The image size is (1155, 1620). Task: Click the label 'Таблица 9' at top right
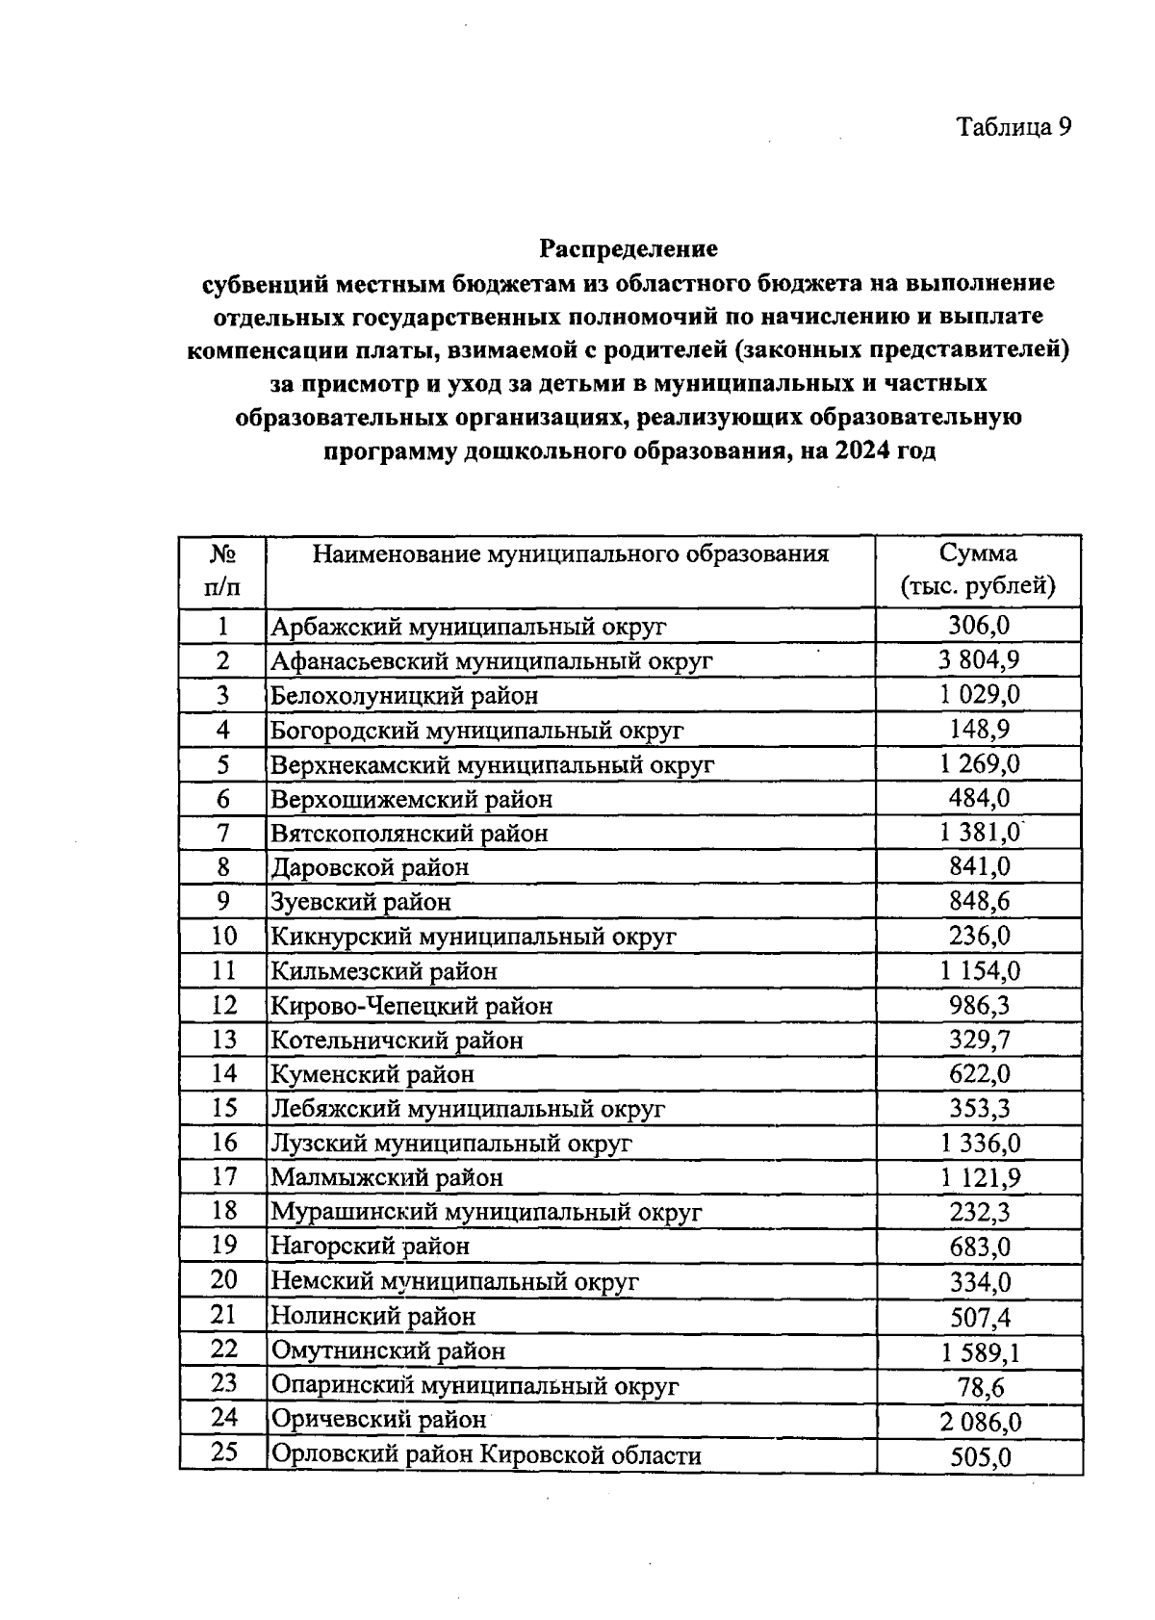1013,126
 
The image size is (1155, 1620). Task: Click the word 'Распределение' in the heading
628,248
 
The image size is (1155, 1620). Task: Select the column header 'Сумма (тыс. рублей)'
977,570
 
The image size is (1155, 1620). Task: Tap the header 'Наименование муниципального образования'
570,554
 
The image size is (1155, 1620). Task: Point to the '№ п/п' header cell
222,570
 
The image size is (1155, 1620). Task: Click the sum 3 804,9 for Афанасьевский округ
979,659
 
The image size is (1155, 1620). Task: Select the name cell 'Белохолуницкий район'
404,695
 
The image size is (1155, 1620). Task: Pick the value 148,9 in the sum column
979,729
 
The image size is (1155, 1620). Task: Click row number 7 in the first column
222,832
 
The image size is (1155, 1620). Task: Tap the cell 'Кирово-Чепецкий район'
412,1006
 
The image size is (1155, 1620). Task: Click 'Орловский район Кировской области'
486,1454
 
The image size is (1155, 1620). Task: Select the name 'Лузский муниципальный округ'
451,1144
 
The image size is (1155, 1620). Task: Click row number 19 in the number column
223,1245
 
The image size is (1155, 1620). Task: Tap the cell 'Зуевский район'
361,902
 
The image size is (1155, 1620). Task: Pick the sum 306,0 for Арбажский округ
979,626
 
